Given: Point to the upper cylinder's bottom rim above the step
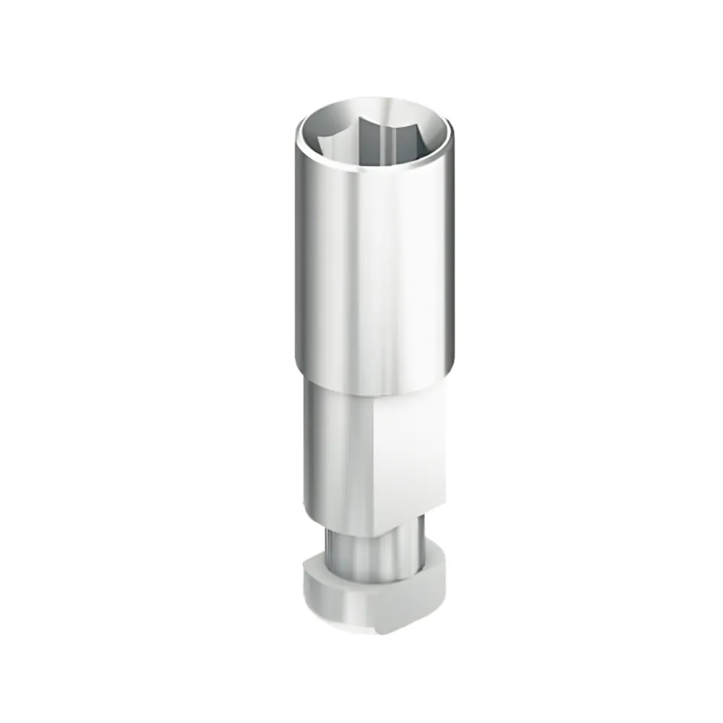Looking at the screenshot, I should [376, 390].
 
